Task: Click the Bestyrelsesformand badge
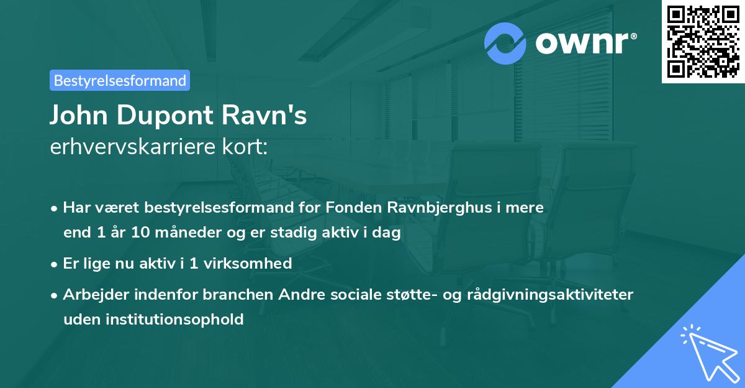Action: point(120,80)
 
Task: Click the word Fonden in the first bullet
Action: point(350,208)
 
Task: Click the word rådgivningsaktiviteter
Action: point(561,294)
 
